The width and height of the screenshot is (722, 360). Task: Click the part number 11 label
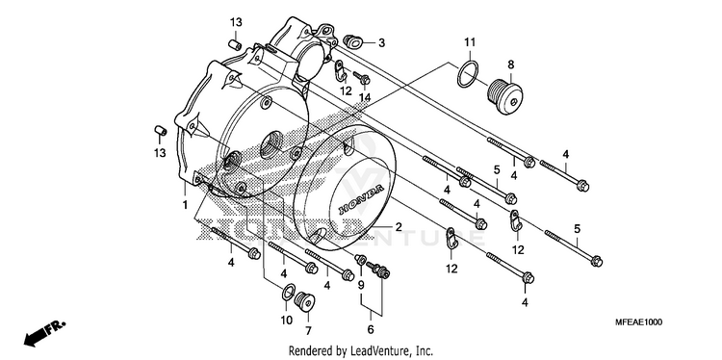[469, 42]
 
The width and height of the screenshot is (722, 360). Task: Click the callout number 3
[381, 43]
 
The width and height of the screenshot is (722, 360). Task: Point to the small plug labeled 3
[352, 42]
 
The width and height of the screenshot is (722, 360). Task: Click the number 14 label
[365, 96]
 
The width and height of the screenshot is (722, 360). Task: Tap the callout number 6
[371, 329]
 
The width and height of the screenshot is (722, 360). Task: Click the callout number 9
[361, 286]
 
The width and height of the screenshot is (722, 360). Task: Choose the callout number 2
[399, 227]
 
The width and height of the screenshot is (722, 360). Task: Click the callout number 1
[185, 205]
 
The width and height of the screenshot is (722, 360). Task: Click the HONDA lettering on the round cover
[361, 199]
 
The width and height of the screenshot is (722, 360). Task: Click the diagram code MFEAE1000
[638, 322]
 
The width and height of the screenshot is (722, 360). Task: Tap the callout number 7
[308, 330]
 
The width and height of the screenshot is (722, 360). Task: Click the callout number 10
[287, 320]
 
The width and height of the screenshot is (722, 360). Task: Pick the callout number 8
[510, 64]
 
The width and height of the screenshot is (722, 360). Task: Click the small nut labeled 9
[361, 260]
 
